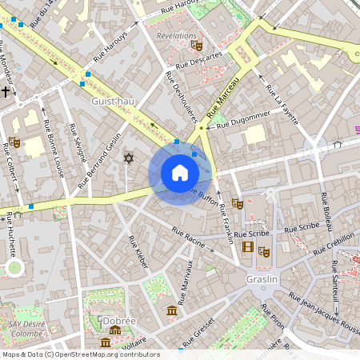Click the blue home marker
[x=179, y=173]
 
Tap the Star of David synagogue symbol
[x=127, y=158]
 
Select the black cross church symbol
[x=6, y=92]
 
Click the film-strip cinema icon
[x=248, y=246]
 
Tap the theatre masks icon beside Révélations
[x=197, y=46]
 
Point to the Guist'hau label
[x=113, y=102]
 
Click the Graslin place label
[x=262, y=279]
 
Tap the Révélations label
[x=177, y=36]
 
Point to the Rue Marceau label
[x=223, y=97]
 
